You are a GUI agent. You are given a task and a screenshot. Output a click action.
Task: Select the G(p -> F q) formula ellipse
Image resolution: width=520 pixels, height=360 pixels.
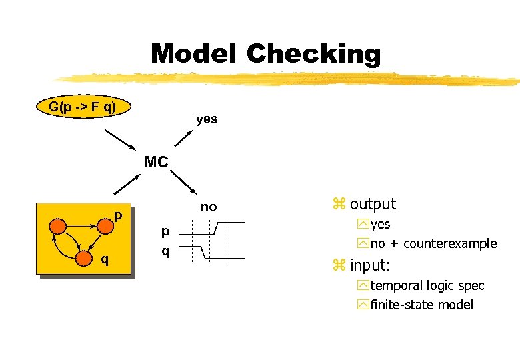pyautogui.click(x=83, y=107)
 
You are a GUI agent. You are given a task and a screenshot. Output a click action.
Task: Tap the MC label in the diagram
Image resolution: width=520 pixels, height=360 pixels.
pyautogui.click(x=157, y=162)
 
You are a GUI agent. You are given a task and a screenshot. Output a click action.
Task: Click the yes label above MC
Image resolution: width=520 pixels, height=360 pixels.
pyautogui.click(x=207, y=119)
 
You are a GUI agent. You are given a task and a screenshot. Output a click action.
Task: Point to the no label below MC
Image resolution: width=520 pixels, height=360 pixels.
pyautogui.click(x=209, y=207)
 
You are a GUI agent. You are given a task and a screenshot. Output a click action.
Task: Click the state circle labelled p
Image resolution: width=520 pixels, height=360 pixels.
pyautogui.click(x=105, y=226)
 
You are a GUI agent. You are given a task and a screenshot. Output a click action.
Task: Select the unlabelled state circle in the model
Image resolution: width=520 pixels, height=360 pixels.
pyautogui.click(x=58, y=226)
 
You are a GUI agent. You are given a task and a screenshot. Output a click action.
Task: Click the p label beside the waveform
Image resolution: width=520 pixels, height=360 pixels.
pyautogui.click(x=166, y=231)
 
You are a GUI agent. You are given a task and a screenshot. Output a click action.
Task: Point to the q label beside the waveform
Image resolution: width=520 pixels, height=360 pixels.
pyautogui.click(x=166, y=251)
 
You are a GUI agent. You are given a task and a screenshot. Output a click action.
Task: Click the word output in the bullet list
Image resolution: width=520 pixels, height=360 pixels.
pyautogui.click(x=373, y=204)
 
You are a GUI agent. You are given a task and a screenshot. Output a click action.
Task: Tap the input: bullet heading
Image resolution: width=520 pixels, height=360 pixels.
pyautogui.click(x=371, y=265)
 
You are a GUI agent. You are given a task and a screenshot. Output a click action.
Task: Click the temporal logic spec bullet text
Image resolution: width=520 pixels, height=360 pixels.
pyautogui.click(x=427, y=285)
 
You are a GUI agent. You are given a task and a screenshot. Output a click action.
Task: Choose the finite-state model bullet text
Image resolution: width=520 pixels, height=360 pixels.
pyautogui.click(x=422, y=305)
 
